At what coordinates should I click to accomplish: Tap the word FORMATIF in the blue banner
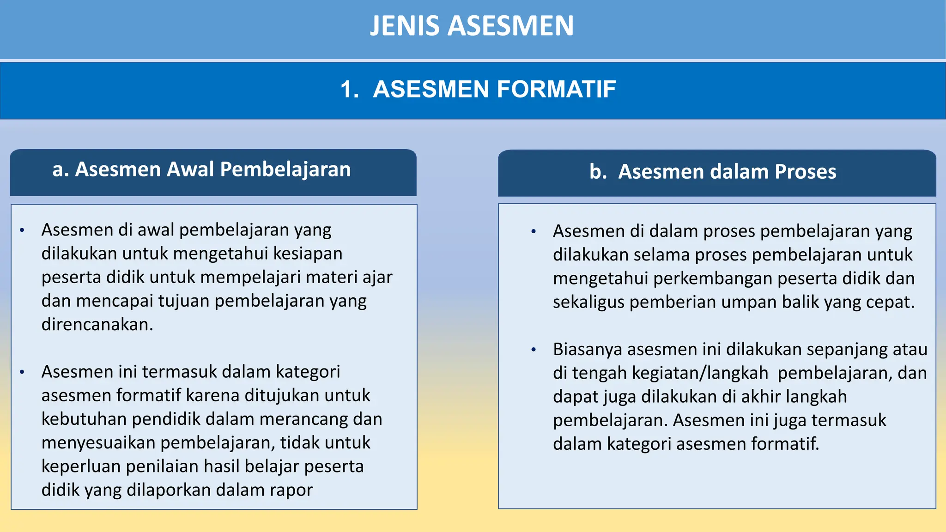556,89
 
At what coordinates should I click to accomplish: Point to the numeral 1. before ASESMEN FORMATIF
350,89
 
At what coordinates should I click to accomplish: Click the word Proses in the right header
805,172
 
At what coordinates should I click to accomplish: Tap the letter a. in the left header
61,169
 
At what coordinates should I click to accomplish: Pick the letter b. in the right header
598,172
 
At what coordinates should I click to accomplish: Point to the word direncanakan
97,325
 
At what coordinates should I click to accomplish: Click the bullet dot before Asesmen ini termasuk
22,372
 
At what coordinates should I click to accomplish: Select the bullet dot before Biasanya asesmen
534,350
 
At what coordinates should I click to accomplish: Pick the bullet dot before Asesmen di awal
22,230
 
